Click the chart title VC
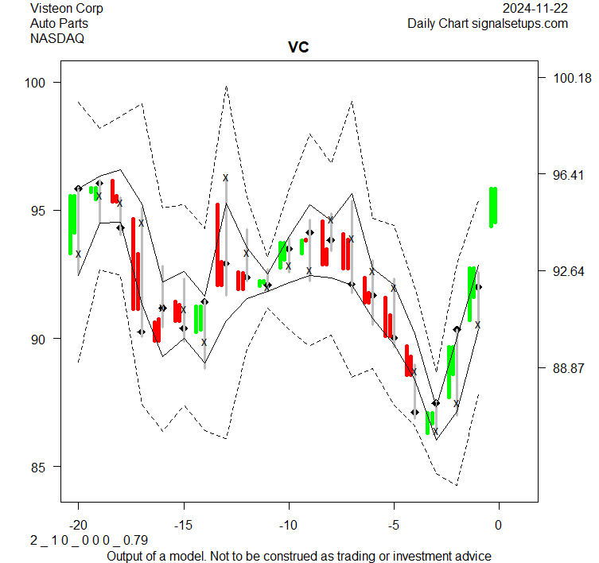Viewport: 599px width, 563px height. (298, 48)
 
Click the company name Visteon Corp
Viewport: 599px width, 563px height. (67, 9)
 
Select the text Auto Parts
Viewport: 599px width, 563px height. (59, 23)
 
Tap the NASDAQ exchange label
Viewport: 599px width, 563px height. (57, 37)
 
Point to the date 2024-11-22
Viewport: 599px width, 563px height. (536, 9)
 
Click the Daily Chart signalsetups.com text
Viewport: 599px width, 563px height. (488, 23)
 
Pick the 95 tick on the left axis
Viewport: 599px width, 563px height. (40, 211)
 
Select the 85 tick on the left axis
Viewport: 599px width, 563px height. (40, 467)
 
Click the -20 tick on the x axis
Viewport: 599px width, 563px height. (78, 526)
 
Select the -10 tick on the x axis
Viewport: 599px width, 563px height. (289, 526)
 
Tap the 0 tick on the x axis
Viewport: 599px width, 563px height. (499, 526)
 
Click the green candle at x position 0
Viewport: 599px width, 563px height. (493, 207)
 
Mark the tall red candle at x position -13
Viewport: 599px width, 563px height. (218, 244)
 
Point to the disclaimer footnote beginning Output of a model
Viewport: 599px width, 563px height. (298, 556)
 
